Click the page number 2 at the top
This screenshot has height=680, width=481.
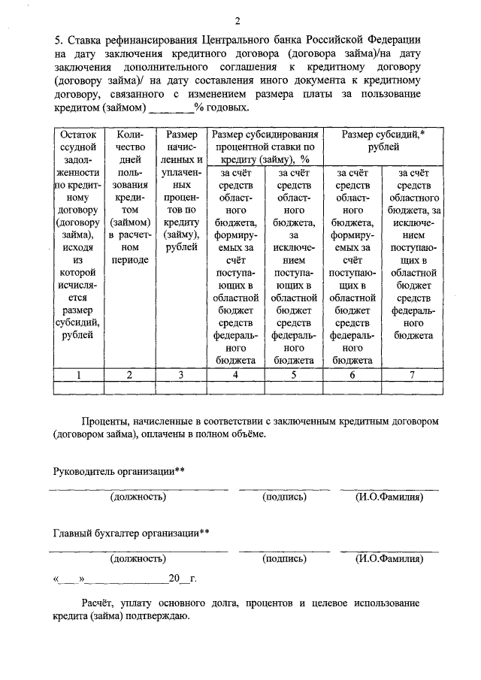238,20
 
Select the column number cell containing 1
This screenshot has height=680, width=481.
79,374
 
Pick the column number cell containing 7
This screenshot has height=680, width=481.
411,374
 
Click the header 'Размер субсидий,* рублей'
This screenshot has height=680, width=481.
382,141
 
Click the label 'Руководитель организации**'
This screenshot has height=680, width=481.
119,471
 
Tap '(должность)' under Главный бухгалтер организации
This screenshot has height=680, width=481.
138,559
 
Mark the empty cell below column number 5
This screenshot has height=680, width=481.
294,387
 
